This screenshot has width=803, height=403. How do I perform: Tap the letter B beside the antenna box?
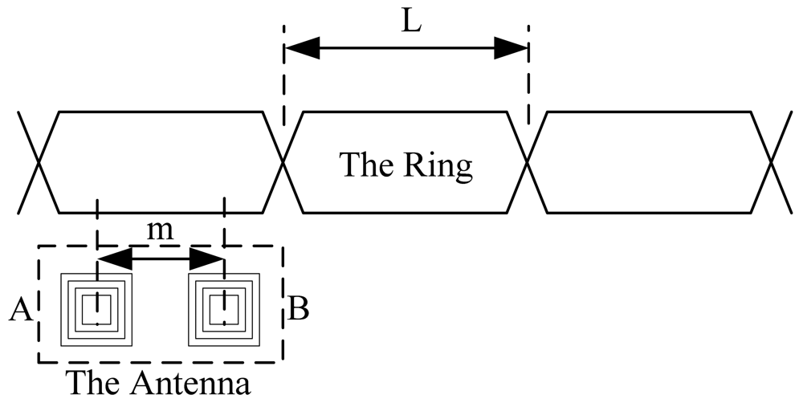298,309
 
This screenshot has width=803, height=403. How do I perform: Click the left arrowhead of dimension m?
113,259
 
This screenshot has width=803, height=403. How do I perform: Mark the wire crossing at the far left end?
39,163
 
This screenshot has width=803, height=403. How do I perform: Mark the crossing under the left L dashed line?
283,163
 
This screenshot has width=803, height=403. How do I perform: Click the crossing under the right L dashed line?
528,163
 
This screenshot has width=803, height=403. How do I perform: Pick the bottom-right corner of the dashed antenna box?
283,362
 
